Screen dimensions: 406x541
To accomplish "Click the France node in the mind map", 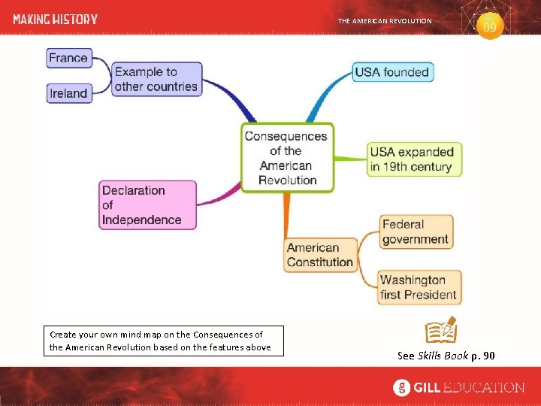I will click(68, 58).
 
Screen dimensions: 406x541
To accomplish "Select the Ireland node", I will click(68, 93).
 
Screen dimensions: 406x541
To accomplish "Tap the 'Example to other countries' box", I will click(156, 79).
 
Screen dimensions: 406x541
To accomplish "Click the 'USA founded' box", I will click(392, 72).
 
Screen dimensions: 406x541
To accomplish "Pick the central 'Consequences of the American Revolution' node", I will click(286, 158).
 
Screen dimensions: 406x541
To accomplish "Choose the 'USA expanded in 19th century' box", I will click(411, 159).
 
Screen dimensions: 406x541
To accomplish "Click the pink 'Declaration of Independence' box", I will click(147, 205).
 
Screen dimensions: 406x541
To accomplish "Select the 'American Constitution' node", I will click(319, 255).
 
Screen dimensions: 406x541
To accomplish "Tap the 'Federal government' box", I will click(415, 232).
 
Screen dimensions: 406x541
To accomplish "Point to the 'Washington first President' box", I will click(419, 287).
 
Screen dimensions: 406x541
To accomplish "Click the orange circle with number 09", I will click(489, 28).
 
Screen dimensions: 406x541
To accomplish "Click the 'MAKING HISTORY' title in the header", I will click(56, 20).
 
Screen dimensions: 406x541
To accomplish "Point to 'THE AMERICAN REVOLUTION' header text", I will click(385, 21).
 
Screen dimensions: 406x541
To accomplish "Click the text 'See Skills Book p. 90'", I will click(446, 355).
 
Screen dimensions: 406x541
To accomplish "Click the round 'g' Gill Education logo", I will click(403, 388).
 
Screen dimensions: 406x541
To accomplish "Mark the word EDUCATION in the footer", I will click(482, 388).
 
